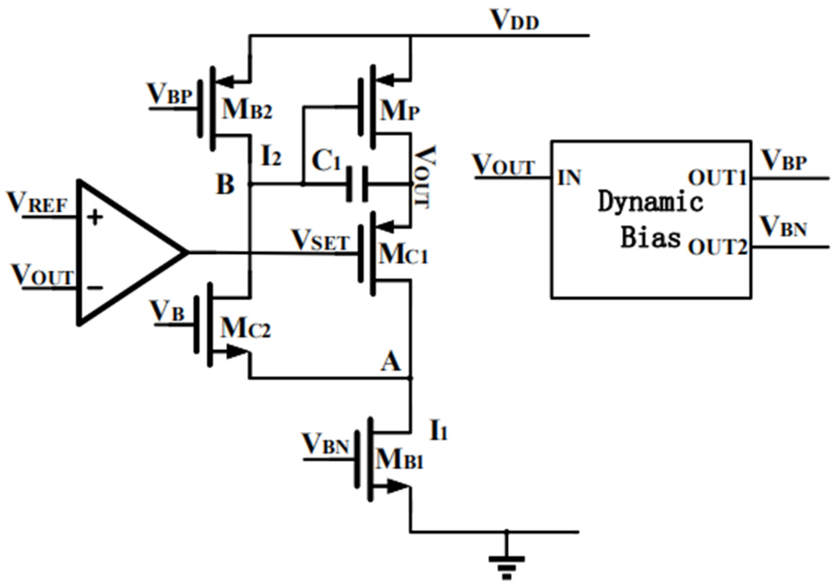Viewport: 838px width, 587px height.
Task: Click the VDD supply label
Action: [x=515, y=20]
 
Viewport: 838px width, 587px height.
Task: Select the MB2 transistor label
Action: [x=247, y=109]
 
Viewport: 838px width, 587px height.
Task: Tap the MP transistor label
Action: [x=400, y=111]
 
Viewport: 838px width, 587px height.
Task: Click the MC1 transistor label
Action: [x=403, y=254]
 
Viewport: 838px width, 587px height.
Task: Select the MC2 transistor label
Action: [x=245, y=328]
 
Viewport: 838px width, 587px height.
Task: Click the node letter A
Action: [x=391, y=362]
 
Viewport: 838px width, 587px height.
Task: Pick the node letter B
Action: [x=225, y=184]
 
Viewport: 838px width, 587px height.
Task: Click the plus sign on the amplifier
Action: [x=95, y=217]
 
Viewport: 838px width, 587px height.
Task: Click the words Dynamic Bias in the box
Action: [x=651, y=219]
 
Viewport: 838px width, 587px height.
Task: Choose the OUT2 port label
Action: [x=717, y=247]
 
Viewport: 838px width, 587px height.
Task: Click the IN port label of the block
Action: [x=569, y=178]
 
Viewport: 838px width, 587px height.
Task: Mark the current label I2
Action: [x=271, y=157]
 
